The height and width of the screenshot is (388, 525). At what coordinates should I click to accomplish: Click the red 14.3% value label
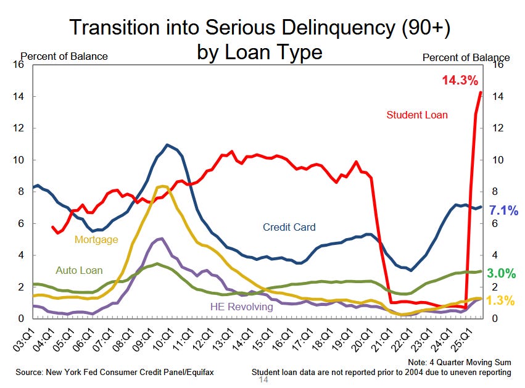pyautogui.click(x=460, y=80)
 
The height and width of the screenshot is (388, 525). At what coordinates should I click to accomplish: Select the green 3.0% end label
pyautogui.click(x=502, y=273)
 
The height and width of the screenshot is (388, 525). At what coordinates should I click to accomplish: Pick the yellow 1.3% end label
pyautogui.click(x=502, y=301)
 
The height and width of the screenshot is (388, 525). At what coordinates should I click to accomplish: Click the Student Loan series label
pyautogui.click(x=417, y=115)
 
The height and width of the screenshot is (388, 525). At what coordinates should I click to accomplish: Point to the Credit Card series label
pyautogui.click(x=289, y=227)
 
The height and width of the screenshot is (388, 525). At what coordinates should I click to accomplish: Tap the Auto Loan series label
pyautogui.click(x=79, y=270)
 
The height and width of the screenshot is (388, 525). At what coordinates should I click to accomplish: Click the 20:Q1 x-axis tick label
pyautogui.click(x=356, y=339)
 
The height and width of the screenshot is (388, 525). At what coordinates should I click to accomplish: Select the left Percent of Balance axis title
pyautogui.click(x=64, y=57)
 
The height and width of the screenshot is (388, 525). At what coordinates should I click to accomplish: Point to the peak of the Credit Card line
pyautogui.click(x=167, y=145)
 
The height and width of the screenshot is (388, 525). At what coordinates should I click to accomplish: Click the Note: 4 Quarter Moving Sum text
pyautogui.click(x=459, y=361)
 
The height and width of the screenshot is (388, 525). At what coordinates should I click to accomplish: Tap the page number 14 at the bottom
pyautogui.click(x=263, y=380)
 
